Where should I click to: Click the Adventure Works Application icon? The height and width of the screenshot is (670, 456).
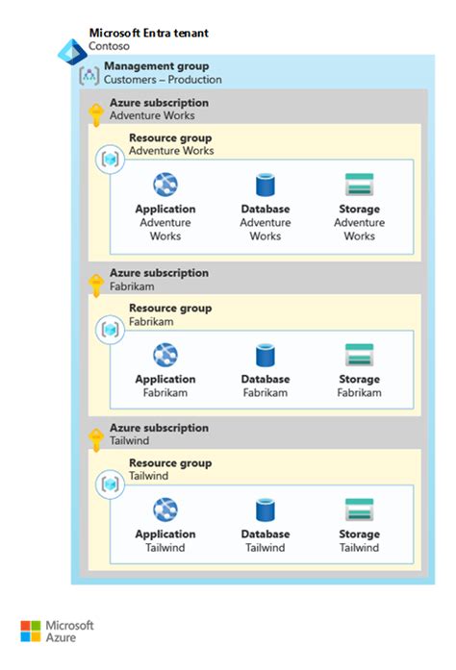point(165,186)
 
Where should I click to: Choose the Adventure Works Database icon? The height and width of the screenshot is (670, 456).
point(265,186)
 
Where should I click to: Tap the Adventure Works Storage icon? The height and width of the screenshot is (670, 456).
point(359,186)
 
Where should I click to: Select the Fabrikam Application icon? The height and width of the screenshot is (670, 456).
point(165,356)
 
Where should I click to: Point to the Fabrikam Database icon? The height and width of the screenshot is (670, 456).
point(265,356)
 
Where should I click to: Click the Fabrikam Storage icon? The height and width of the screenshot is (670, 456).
point(359,356)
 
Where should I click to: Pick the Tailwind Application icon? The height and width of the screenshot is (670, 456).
point(165,510)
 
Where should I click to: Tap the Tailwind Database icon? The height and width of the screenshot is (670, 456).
point(265,510)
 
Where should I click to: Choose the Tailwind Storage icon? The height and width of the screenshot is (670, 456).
point(359,510)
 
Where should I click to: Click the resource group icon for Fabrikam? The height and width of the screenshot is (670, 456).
point(110,329)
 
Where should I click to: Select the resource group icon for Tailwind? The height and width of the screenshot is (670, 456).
point(110,484)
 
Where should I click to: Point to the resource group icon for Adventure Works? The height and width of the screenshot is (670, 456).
point(110,159)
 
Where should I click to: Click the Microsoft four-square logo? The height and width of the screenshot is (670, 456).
point(31,632)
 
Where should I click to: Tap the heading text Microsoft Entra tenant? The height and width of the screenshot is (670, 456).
point(148,33)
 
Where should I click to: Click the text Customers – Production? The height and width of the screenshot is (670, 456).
point(163,80)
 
